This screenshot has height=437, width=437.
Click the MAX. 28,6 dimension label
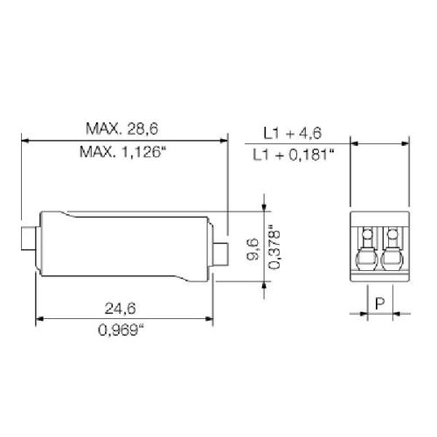tap(122, 128)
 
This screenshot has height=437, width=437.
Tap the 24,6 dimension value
tap(120, 309)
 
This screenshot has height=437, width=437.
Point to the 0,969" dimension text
tap(121, 330)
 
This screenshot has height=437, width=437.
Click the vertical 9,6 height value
tap(253, 248)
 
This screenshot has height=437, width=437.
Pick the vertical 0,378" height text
tap(274, 247)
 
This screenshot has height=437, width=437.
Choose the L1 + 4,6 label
tap(293, 133)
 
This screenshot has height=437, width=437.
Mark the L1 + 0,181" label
tap(293, 155)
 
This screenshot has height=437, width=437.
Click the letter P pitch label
tap(380, 303)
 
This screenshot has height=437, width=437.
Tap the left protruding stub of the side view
tap(29, 239)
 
